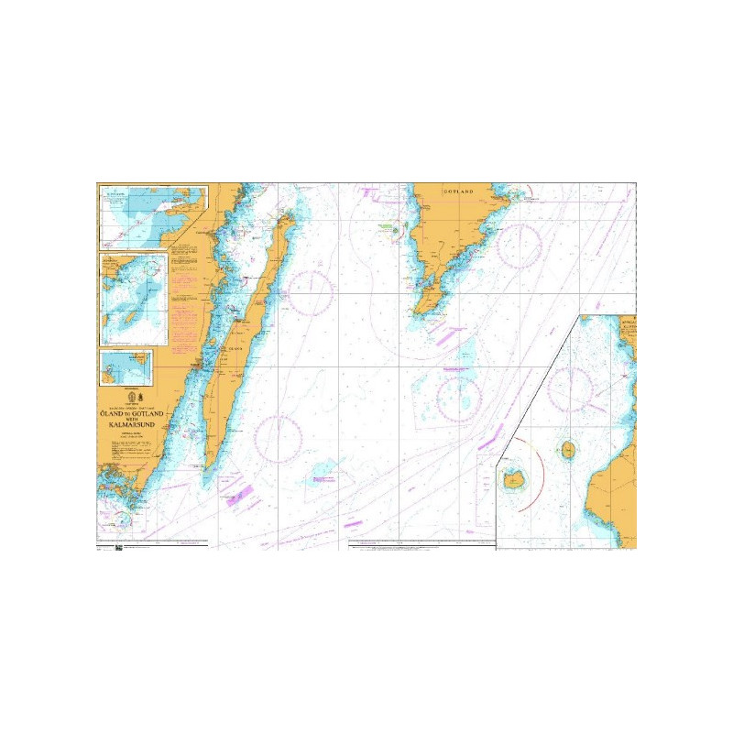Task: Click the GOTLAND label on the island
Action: (x=458, y=191)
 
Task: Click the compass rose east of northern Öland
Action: (x=310, y=292)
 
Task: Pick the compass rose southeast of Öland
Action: (x=278, y=439)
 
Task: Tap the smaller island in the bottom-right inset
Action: (x=569, y=450)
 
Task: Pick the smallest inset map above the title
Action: (x=126, y=367)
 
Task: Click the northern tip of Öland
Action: (x=286, y=213)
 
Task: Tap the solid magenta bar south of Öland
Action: (x=242, y=494)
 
